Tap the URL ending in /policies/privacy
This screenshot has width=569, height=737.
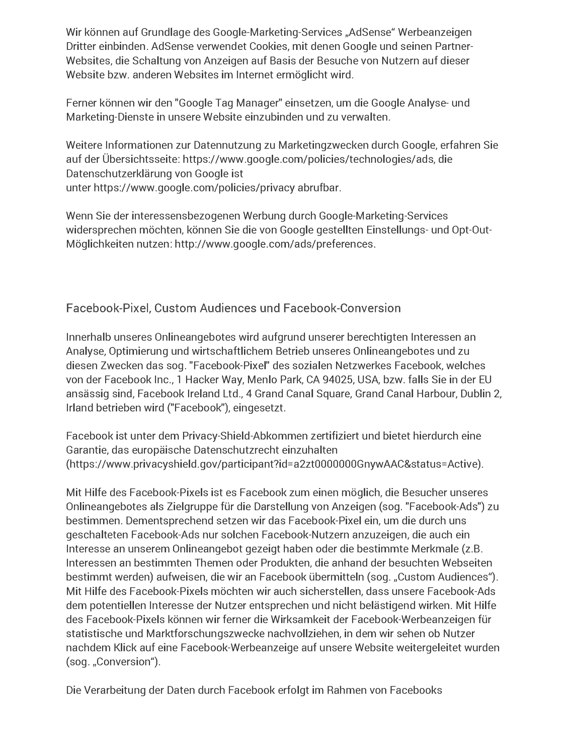tap(194, 188)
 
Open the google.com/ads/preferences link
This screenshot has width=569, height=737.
tap(274, 244)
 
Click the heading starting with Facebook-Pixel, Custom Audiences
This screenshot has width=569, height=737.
tap(233, 308)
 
